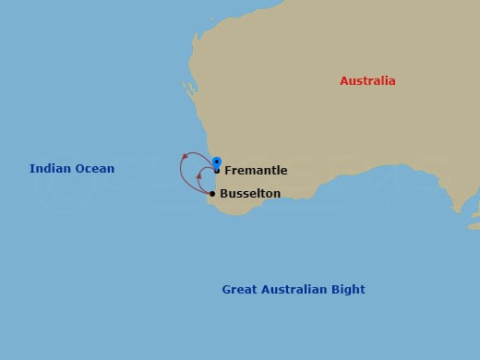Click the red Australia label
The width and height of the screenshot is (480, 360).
tap(367, 81)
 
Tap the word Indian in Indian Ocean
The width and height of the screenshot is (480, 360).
tap(49, 169)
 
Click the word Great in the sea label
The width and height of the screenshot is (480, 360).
tap(238, 290)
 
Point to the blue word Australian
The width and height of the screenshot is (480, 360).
tap(294, 290)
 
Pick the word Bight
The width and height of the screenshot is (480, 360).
tap(349, 290)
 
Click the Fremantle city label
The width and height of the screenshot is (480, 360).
tap(256, 171)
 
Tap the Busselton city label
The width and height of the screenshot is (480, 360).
tap(250, 194)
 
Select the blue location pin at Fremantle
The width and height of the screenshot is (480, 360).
tap(216, 162)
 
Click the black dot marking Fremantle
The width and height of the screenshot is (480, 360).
tap(216, 171)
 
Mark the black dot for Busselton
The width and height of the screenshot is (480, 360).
tap(212, 194)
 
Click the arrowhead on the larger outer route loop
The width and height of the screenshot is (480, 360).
tap(185, 158)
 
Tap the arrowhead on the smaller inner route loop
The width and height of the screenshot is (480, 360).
tap(199, 174)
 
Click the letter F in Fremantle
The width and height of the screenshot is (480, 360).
tap(228, 171)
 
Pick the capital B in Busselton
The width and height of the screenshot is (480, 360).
tap(224, 194)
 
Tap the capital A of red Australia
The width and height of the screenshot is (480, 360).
tap(344, 81)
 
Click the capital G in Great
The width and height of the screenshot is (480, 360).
tap(226, 290)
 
